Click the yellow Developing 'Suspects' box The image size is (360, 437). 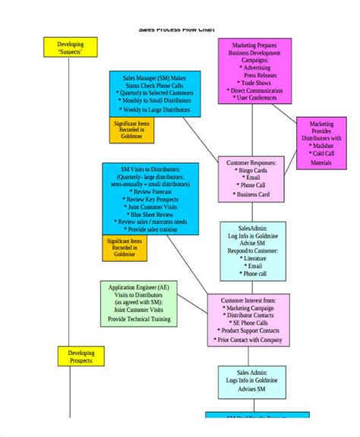point(70,49)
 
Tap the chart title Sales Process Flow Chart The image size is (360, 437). point(177,30)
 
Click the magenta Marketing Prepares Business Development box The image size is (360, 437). point(255,71)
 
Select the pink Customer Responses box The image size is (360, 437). point(251,179)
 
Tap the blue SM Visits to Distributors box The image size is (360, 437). point(150,200)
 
